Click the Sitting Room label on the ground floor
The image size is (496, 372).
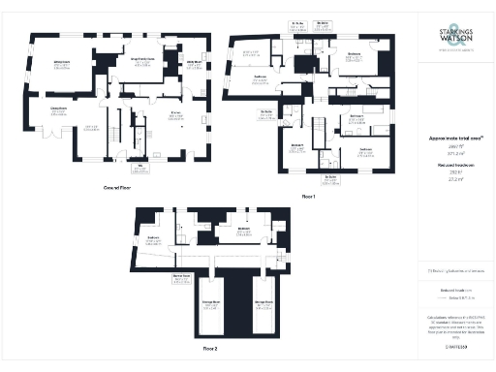tap(60, 64)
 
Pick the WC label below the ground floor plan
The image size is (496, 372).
tap(140, 169)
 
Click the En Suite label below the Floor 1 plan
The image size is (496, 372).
tap(330, 178)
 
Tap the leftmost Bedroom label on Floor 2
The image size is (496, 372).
tap(152, 238)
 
